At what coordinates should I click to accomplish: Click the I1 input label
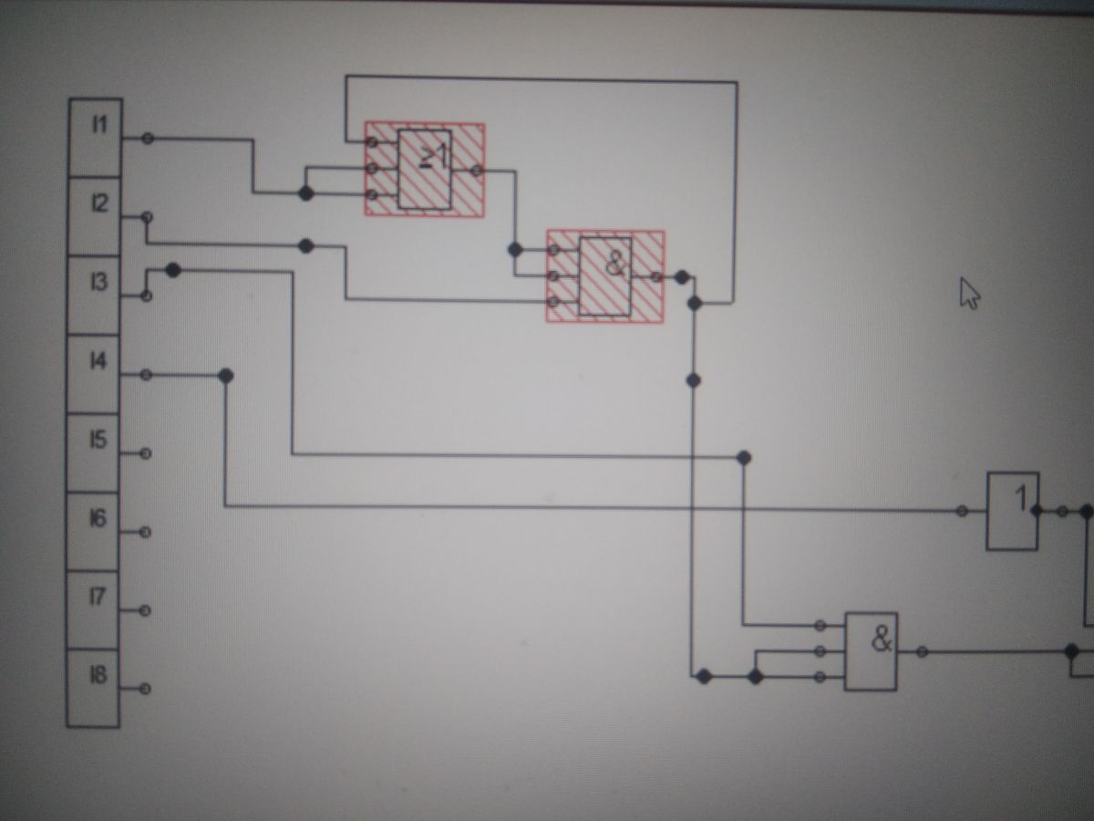99,124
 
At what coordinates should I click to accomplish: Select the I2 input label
99,203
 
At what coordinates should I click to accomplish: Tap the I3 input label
98,282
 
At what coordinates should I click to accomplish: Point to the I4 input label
98,360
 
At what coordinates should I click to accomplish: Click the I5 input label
98,440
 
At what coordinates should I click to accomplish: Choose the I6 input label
98,518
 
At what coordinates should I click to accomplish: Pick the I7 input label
98,597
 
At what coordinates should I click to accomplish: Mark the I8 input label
98,675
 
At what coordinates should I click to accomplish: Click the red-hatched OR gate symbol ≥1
434,157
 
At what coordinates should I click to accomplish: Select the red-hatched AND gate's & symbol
616,264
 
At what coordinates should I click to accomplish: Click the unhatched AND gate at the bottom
872,651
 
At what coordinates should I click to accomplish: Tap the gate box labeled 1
1013,511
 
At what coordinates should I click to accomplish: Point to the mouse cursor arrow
969,293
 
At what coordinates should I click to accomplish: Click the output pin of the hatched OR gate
477,171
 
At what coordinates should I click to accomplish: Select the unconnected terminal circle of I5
146,453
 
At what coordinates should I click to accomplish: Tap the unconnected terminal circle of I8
145,689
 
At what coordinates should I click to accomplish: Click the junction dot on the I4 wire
226,376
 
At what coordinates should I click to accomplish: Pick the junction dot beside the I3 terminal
173,270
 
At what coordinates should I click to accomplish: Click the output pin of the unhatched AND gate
922,651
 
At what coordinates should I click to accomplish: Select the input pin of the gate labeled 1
962,511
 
